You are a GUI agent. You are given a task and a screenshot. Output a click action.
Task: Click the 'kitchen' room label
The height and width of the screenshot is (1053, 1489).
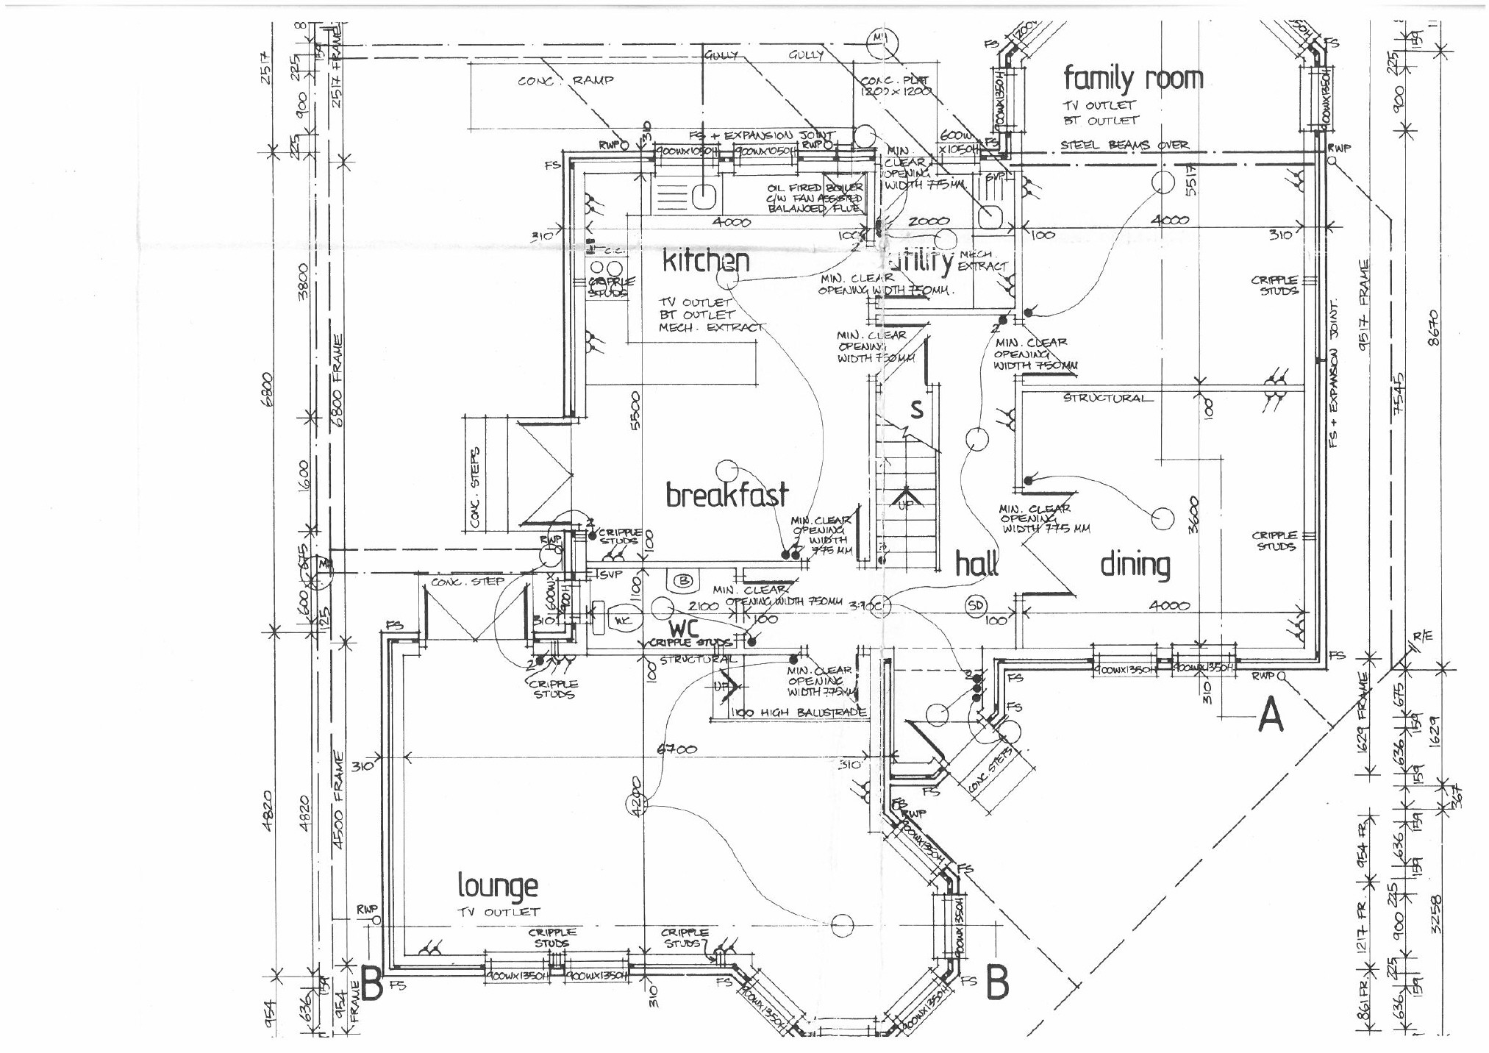pyautogui.click(x=706, y=262)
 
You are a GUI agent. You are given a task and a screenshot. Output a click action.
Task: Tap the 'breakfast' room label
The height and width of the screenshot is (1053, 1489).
pyautogui.click(x=726, y=494)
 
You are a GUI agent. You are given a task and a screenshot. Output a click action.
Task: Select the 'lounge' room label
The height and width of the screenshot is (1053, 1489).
pyautogui.click(x=497, y=886)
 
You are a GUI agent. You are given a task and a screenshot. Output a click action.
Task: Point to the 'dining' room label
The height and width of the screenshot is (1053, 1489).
pyautogui.click(x=1135, y=565)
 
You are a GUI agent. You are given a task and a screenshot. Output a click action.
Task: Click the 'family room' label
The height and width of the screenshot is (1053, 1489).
pyautogui.click(x=1133, y=78)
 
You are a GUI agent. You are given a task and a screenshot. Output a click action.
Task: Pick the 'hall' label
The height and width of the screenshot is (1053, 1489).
pyautogui.click(x=976, y=565)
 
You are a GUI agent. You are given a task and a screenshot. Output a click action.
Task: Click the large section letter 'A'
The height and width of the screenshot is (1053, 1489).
pyautogui.click(x=1271, y=715)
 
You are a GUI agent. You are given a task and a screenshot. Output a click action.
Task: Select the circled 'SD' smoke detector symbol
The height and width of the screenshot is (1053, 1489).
pyautogui.click(x=975, y=606)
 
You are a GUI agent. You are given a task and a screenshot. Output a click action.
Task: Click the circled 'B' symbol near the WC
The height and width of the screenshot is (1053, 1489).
pyautogui.click(x=684, y=581)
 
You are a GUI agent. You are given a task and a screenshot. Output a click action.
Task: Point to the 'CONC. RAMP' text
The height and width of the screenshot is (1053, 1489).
pyautogui.click(x=565, y=80)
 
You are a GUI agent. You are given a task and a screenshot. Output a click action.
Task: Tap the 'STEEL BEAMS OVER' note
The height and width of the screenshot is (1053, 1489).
pyautogui.click(x=1124, y=146)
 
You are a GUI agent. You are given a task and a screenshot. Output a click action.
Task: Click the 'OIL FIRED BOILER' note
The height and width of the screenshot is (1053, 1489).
pyautogui.click(x=815, y=188)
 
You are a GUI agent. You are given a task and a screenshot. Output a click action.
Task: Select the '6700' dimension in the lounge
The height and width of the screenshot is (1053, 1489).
pyautogui.click(x=676, y=750)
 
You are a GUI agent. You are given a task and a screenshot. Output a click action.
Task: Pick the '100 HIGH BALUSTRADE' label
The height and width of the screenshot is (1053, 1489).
pyautogui.click(x=800, y=713)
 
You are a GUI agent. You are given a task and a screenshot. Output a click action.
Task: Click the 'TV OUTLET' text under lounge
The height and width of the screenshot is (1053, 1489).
pyautogui.click(x=498, y=912)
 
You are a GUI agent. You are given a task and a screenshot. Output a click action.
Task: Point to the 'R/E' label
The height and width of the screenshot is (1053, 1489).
pyautogui.click(x=1423, y=637)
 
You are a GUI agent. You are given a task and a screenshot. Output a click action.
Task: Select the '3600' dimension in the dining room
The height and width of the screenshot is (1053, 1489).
pyautogui.click(x=1194, y=515)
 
